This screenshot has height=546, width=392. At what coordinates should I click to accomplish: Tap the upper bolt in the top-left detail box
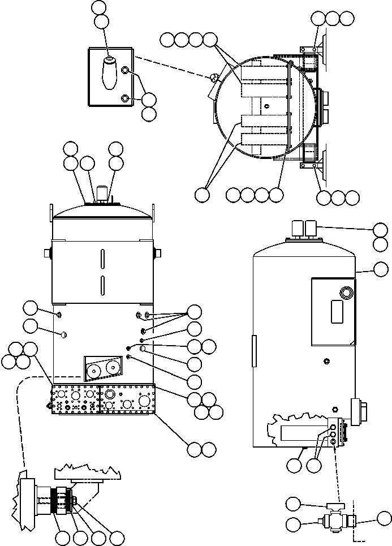click(x=126, y=70)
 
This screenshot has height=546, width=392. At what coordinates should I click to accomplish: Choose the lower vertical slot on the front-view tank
click(x=102, y=286)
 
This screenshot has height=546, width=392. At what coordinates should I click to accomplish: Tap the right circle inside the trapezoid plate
click(x=114, y=368)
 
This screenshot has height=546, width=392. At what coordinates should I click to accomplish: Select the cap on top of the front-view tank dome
click(x=102, y=193)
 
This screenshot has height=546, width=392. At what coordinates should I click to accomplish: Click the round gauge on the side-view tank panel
click(x=345, y=292)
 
